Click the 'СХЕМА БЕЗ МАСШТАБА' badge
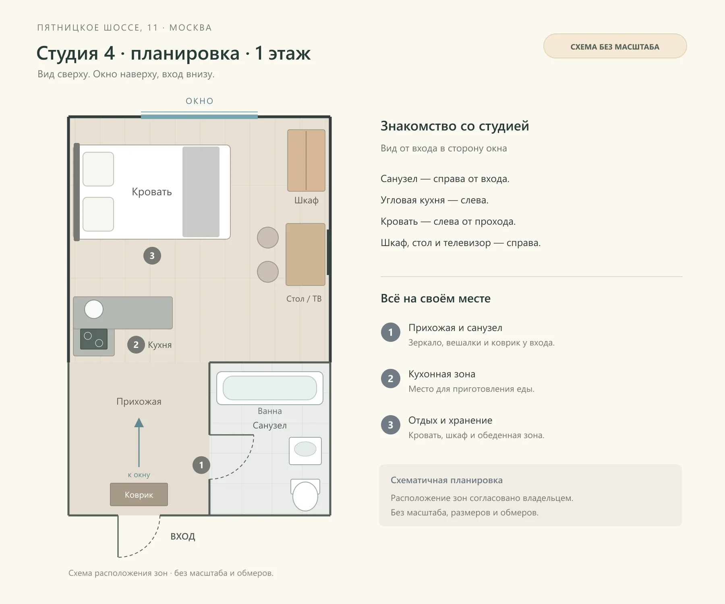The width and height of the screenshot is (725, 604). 615,46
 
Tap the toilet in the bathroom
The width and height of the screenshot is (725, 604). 305,495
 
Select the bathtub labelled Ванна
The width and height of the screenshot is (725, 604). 270,388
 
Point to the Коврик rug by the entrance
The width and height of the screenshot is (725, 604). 139,494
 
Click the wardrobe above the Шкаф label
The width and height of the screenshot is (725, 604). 306,160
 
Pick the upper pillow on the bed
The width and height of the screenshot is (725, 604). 98,169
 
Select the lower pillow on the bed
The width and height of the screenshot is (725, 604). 98,214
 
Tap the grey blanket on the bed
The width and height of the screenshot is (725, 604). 201,192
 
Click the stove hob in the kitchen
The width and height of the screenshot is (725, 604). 94,339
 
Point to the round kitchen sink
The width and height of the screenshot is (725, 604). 94,310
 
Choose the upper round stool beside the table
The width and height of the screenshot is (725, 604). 268,238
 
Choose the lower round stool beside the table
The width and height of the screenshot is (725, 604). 268,272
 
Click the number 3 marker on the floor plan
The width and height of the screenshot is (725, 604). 152,256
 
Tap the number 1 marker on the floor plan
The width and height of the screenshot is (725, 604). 201,465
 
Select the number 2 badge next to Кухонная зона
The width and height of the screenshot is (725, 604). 391,379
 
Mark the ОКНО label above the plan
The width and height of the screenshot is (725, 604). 199,101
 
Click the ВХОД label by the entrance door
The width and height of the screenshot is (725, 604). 183,536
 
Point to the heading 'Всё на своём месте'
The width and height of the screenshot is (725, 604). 436,298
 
